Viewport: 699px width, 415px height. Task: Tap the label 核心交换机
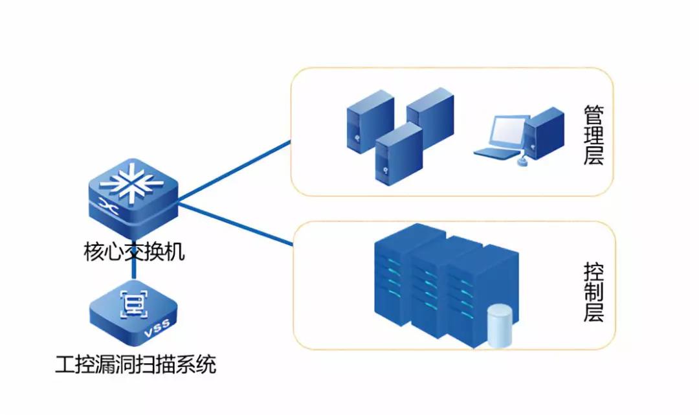pyautogui.click(x=134, y=251)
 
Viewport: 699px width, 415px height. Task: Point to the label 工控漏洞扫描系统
pyautogui.click(x=135, y=366)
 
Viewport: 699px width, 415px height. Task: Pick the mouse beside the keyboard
pyautogui.click(x=522, y=163)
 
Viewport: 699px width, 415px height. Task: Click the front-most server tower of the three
pyautogui.click(x=397, y=153)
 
